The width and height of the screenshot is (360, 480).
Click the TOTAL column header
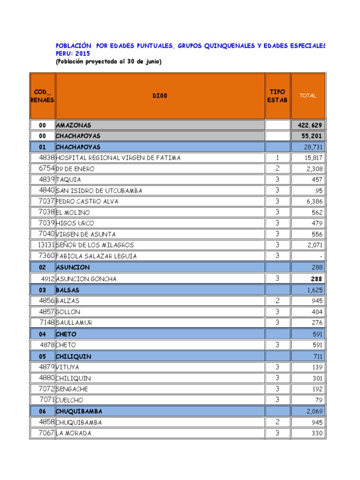308,96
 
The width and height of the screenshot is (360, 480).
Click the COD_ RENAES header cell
42,96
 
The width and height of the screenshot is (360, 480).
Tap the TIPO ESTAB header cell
277,96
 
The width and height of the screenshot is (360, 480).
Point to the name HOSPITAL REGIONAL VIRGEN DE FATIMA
118,158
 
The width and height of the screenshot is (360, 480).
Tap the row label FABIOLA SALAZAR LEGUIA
97,256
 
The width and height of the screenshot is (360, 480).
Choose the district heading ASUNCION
73,267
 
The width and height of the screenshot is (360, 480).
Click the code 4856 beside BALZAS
47,300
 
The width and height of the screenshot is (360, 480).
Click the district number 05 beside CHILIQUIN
43,356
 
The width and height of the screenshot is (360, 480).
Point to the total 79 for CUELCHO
319,400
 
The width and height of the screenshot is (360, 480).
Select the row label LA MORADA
74,433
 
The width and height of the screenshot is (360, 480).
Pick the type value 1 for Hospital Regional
277,157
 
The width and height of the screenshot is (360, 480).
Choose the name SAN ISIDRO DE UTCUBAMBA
99,191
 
